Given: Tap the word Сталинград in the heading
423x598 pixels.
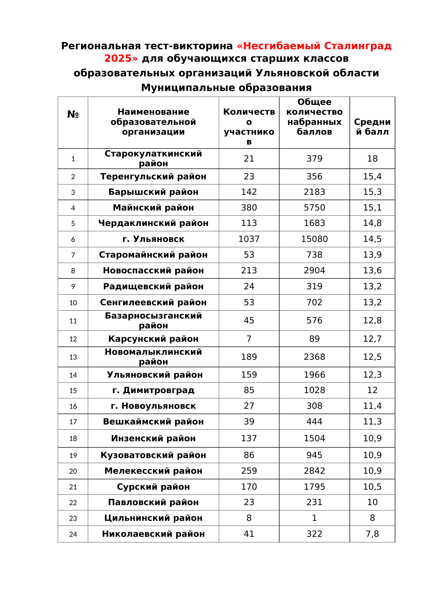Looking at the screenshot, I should pyautogui.click(x=358, y=46).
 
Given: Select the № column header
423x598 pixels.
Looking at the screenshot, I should pyautogui.click(x=73, y=114).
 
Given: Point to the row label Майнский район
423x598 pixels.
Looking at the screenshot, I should pyautogui.click(x=153, y=208).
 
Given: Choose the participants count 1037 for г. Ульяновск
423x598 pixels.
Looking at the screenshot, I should pyautogui.click(x=249, y=239).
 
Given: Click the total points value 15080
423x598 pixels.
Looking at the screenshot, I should pyautogui.click(x=314, y=239).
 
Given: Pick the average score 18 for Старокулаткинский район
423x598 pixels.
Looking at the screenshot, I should pyautogui.click(x=372, y=159).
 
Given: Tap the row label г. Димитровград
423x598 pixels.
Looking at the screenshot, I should pyautogui.click(x=153, y=390).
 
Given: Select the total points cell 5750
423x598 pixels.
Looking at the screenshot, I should pyautogui.click(x=314, y=208).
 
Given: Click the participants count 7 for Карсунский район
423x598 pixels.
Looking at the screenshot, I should pyautogui.click(x=249, y=339).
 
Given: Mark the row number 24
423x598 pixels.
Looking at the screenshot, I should pyautogui.click(x=73, y=534).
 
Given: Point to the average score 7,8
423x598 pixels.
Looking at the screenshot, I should pyautogui.click(x=372, y=534).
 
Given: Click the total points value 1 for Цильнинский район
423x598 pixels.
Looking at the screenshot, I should pyautogui.click(x=314, y=518).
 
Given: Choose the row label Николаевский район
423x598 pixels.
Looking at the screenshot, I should pyautogui.click(x=153, y=534).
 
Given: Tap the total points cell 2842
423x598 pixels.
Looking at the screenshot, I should pyautogui.click(x=314, y=471).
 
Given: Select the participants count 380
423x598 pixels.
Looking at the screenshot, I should pyautogui.click(x=249, y=208).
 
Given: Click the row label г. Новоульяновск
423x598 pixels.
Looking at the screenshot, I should pyautogui.click(x=153, y=406).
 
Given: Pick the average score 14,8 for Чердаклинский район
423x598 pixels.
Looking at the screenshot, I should pyautogui.click(x=372, y=223).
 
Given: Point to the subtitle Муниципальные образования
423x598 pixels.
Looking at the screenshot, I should pyautogui.click(x=226, y=88).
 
